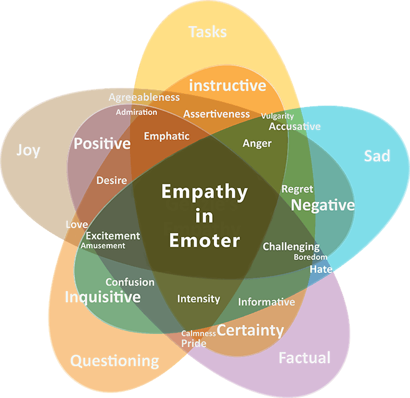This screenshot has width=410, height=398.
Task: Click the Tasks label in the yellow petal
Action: [207, 31]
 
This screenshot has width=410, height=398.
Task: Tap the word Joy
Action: [28, 150]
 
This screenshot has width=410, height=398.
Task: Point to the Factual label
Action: [304, 358]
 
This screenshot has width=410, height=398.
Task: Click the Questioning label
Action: [114, 360]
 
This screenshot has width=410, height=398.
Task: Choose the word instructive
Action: [227, 85]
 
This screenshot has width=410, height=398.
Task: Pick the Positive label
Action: [102, 144]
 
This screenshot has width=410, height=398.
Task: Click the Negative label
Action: [323, 205]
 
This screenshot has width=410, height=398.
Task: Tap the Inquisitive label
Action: [103, 297]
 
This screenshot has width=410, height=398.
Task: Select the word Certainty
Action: [250, 330]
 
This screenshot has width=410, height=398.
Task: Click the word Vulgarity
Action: [277, 116]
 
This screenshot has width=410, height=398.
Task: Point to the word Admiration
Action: [136, 112]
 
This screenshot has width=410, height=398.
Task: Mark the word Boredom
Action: [310, 257]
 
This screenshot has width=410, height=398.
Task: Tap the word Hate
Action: [321, 269]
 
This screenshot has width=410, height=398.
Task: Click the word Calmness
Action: [198, 333]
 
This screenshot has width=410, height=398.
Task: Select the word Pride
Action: [194, 343]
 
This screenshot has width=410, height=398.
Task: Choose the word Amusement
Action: [103, 246]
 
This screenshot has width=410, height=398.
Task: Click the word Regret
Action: [297, 188]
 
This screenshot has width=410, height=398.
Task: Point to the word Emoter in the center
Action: [205, 240]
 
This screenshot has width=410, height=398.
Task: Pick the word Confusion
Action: [129, 282]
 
